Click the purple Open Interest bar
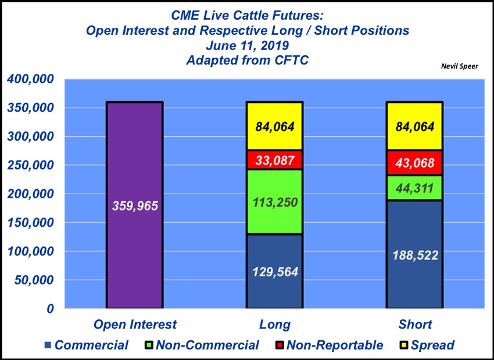coord(135,205)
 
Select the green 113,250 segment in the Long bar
coord(275,202)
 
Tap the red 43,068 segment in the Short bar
coord(415,163)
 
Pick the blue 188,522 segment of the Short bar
coord(415,254)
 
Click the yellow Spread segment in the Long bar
coord(275,126)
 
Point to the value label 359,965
coord(135,206)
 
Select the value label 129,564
coord(275,272)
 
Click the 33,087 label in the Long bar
coord(275,161)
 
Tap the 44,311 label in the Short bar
coord(415,188)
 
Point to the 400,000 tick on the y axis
coord(30,79)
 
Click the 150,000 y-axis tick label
coord(30,223)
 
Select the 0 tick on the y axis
coord(50,309)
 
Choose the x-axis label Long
coord(275,325)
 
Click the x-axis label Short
coord(415,325)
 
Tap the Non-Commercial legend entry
coord(202,345)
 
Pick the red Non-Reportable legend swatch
coord(279,345)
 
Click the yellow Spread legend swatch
coord(404,345)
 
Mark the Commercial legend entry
coord(87,345)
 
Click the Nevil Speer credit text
coord(459,66)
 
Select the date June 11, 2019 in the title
coord(248,45)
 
